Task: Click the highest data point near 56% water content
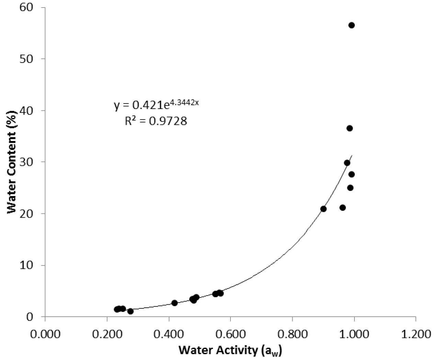351,25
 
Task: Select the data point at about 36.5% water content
350,128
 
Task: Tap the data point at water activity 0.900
323,209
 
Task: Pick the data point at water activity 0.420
174,303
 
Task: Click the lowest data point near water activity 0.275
130,311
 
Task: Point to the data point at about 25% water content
350,188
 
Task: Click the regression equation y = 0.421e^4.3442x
156,105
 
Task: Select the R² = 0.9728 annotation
156,121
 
